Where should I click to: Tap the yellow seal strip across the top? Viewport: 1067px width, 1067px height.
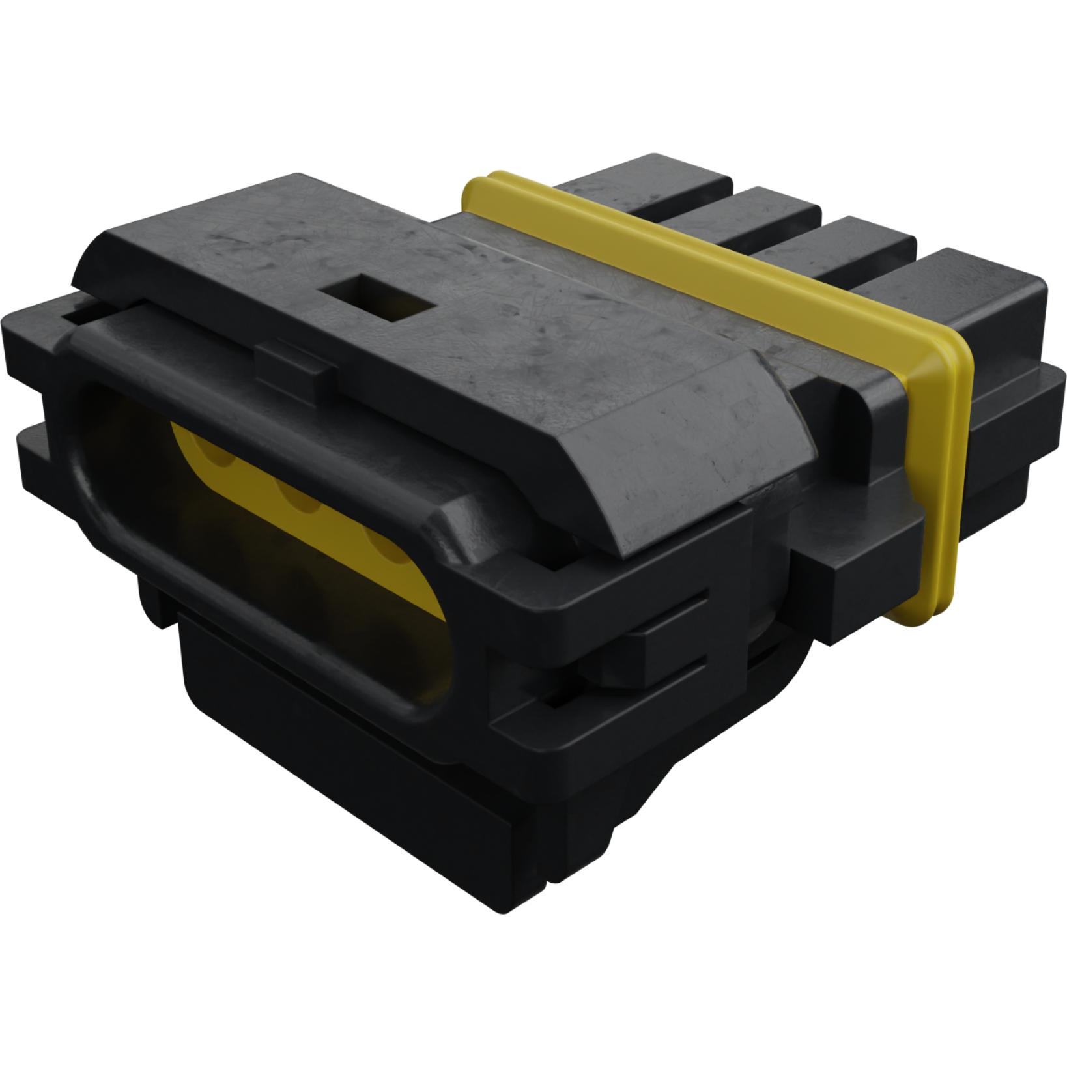click(684, 261)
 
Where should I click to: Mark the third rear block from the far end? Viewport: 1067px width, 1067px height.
click(860, 248)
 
